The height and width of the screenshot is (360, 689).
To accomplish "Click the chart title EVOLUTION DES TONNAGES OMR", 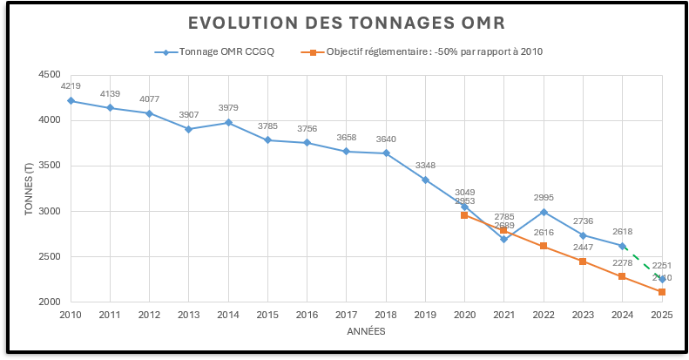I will tap(345, 21).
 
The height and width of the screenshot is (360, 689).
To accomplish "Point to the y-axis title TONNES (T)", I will tap(28, 188).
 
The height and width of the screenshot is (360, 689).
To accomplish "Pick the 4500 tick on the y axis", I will tap(49, 75).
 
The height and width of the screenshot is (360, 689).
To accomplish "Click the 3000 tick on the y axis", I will tap(49, 211).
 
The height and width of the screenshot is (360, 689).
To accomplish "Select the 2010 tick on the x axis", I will tap(71, 313).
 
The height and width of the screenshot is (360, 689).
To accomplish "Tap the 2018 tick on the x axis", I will tap(386, 313).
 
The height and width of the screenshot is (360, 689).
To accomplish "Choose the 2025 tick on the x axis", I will tap(662, 313).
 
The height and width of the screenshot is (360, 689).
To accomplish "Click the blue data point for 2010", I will tap(71, 100).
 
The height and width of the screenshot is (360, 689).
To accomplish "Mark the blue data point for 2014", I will tap(228, 122).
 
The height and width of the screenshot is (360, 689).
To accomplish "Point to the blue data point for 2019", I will tap(425, 180).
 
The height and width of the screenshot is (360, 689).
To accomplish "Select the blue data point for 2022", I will tap(544, 211).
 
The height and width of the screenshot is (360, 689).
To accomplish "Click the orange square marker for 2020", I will tap(465, 214).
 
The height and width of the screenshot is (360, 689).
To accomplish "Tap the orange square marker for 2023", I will tap(583, 262).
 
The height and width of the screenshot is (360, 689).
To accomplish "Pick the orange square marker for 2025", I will tap(662, 292).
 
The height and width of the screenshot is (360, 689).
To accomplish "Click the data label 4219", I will tap(71, 86).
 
